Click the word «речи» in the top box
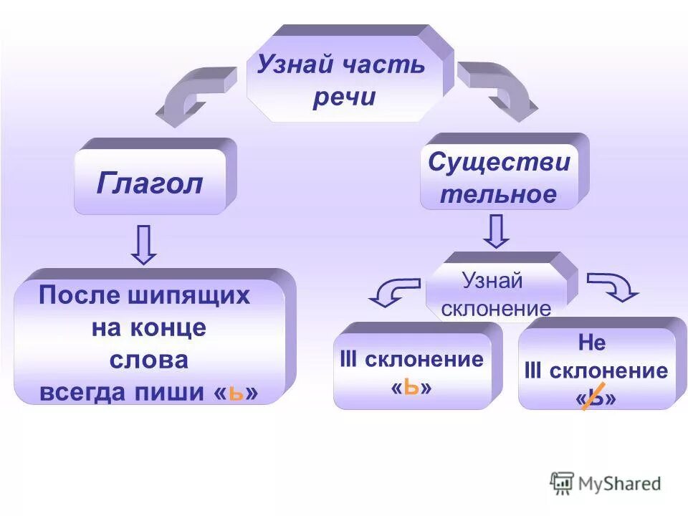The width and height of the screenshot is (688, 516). pyautogui.click(x=344, y=97)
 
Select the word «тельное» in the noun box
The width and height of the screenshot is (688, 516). pyautogui.click(x=498, y=194)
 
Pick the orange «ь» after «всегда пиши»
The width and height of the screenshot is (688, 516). pyautogui.click(x=236, y=393)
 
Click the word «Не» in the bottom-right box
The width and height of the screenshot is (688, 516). pyautogui.click(x=592, y=343)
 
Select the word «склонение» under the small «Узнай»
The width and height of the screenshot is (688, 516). pyautogui.click(x=496, y=309)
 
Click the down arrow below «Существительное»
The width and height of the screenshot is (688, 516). pyautogui.click(x=497, y=231)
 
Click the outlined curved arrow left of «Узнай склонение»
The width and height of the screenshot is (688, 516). pyautogui.click(x=393, y=291)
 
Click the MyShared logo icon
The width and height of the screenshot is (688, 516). pyautogui.click(x=561, y=483)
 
